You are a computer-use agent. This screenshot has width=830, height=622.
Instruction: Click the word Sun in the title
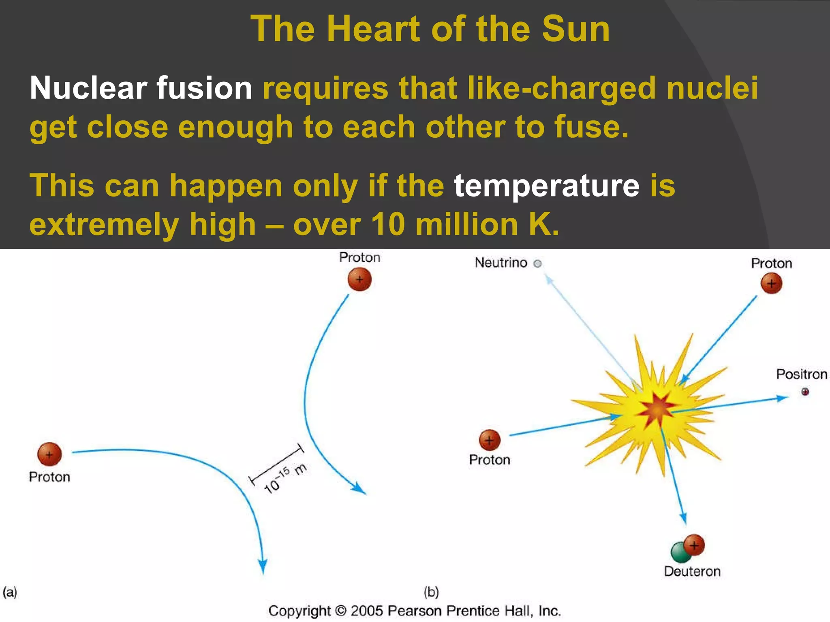575,29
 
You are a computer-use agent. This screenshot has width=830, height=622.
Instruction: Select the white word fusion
205,88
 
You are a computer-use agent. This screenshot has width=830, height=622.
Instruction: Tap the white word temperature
546,186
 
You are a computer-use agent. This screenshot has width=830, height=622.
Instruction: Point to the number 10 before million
388,224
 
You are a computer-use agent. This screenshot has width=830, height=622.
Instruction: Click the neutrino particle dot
537,264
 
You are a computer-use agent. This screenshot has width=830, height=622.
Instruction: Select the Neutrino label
501,263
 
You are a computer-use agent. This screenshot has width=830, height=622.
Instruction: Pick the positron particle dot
805,392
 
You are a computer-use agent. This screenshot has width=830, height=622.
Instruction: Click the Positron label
801,374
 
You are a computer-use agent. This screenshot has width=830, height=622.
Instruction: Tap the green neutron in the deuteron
680,553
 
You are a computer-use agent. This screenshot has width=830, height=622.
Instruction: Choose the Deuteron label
692,571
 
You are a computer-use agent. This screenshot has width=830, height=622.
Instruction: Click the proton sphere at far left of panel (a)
49,454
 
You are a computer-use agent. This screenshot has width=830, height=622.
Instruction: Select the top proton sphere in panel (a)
359,279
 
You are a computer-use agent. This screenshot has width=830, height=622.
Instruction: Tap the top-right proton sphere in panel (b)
771,283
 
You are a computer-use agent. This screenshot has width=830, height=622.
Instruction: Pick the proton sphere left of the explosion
490,440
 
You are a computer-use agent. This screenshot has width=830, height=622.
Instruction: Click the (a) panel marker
10,592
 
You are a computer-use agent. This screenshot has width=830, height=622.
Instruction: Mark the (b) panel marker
431,592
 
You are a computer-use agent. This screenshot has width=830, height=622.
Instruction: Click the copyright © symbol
341,611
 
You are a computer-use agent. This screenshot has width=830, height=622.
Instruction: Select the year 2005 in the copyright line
367,611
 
